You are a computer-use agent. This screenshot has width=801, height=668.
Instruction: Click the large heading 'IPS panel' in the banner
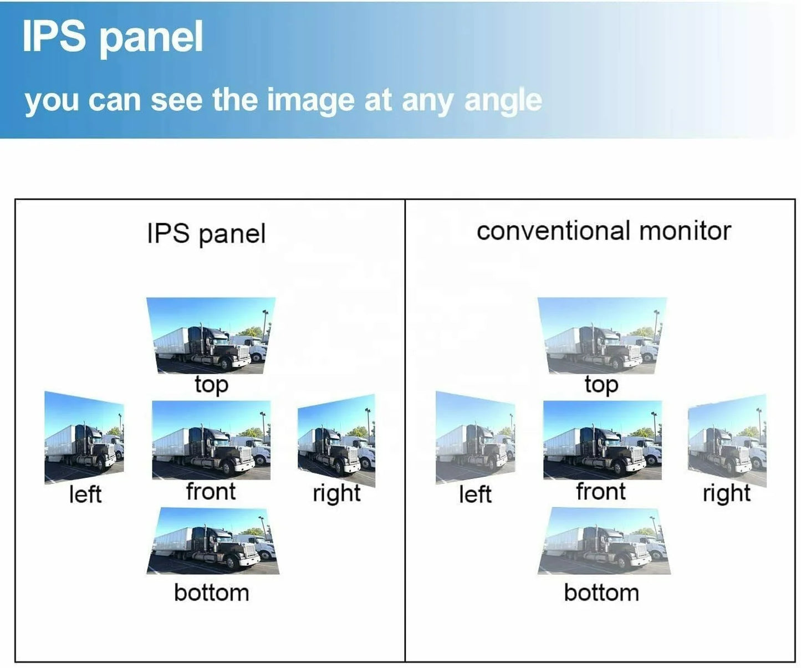click(x=113, y=38)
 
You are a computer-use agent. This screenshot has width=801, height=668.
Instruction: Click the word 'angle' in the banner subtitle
click(x=503, y=101)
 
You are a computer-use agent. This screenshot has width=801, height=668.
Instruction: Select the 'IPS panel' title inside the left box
click(x=206, y=233)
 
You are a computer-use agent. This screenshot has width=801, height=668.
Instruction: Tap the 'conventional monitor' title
click(x=603, y=231)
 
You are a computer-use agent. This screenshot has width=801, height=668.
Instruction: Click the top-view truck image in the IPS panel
click(x=211, y=335)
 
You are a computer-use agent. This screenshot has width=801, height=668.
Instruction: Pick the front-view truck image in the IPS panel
click(x=211, y=440)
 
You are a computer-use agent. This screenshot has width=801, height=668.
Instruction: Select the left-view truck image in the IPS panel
click(x=84, y=438)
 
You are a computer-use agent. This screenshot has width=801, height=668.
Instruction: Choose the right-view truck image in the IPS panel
click(x=336, y=440)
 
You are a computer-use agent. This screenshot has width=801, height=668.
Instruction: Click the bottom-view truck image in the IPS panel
click(x=212, y=541)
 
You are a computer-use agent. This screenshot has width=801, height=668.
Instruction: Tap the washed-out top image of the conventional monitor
click(x=602, y=335)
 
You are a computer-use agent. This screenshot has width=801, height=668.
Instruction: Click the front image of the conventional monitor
click(x=603, y=440)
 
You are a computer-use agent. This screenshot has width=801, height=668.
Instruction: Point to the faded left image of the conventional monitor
click(x=475, y=438)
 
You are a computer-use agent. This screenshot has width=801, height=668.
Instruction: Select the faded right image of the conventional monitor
click(x=727, y=440)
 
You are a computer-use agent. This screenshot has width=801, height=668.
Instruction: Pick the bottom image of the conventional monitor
click(x=604, y=541)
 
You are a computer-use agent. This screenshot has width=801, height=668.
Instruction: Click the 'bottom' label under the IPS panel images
click(x=211, y=593)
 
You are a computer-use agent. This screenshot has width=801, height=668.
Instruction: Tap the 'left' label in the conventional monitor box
click(x=475, y=494)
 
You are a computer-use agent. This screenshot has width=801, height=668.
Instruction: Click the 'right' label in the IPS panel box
click(x=336, y=493)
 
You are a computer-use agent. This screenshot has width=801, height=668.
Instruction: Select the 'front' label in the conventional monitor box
click(x=601, y=492)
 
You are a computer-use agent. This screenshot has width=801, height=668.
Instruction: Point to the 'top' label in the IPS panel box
click(x=211, y=384)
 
